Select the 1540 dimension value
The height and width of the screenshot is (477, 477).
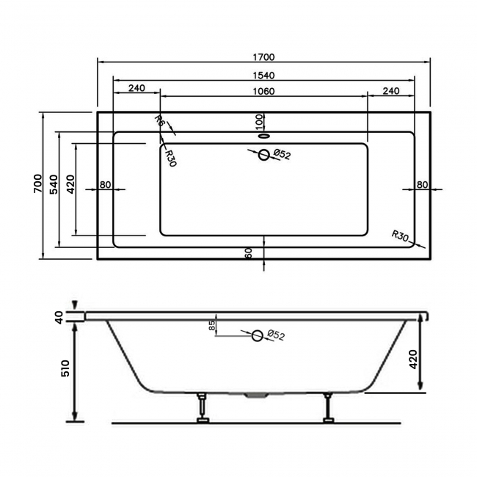pos(263,74)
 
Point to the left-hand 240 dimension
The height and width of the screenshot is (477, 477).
pos(136,89)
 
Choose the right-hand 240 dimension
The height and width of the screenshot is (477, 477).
pos(390,91)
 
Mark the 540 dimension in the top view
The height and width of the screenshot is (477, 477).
pos(54,185)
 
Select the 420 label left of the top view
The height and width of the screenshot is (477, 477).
pos(70,185)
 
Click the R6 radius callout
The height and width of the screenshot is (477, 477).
pos(158,122)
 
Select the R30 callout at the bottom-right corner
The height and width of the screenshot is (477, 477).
pos(400,236)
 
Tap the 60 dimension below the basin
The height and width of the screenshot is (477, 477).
pos(250,253)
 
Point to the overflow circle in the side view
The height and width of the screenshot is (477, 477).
pos(257,335)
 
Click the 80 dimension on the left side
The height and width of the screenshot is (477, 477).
pos(106,184)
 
